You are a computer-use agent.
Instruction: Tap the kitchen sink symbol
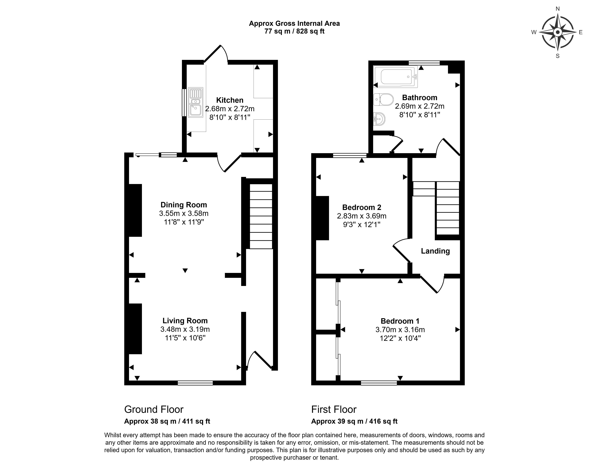click(x=195, y=102)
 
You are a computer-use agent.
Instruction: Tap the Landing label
click(x=435, y=251)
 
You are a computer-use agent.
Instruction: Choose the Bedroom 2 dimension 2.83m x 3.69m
click(x=361, y=216)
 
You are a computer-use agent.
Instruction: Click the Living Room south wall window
click(x=195, y=383)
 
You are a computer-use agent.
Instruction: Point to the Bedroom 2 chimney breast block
click(x=322, y=218)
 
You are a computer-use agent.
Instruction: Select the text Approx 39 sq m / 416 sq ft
click(x=354, y=421)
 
